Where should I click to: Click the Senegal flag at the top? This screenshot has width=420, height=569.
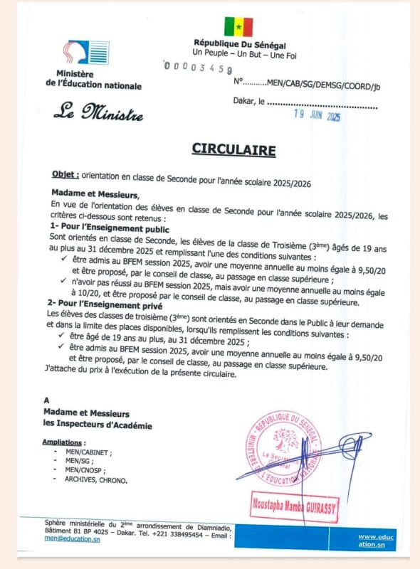[x=238, y=26]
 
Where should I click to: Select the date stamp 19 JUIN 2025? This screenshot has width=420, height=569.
[x=318, y=117]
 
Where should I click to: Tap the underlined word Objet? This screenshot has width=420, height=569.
[x=65, y=174]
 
